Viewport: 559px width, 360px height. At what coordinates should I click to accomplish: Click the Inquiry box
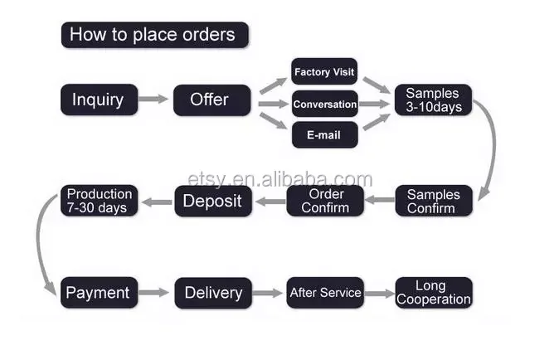coord(98,100)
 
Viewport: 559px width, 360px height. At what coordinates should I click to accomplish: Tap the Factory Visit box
coord(324,72)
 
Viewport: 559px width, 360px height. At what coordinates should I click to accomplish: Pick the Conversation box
coord(324,105)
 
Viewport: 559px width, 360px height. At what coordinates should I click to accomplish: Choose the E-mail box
coord(324,134)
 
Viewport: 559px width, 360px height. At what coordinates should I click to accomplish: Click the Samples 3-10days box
coord(433,100)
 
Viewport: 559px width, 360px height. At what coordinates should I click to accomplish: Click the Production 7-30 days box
coord(98,201)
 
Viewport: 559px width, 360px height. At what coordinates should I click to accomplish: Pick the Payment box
coord(98,293)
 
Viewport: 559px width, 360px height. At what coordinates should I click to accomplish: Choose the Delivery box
coord(212,293)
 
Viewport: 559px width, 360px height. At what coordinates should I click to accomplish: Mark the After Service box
coord(325,293)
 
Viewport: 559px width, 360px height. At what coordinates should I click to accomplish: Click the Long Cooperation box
coord(433,293)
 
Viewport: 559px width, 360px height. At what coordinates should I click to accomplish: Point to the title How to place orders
coord(153,35)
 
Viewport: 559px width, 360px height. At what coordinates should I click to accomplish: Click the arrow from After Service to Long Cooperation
coord(378,293)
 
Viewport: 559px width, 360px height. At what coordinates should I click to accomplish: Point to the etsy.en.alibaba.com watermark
coord(279,179)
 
